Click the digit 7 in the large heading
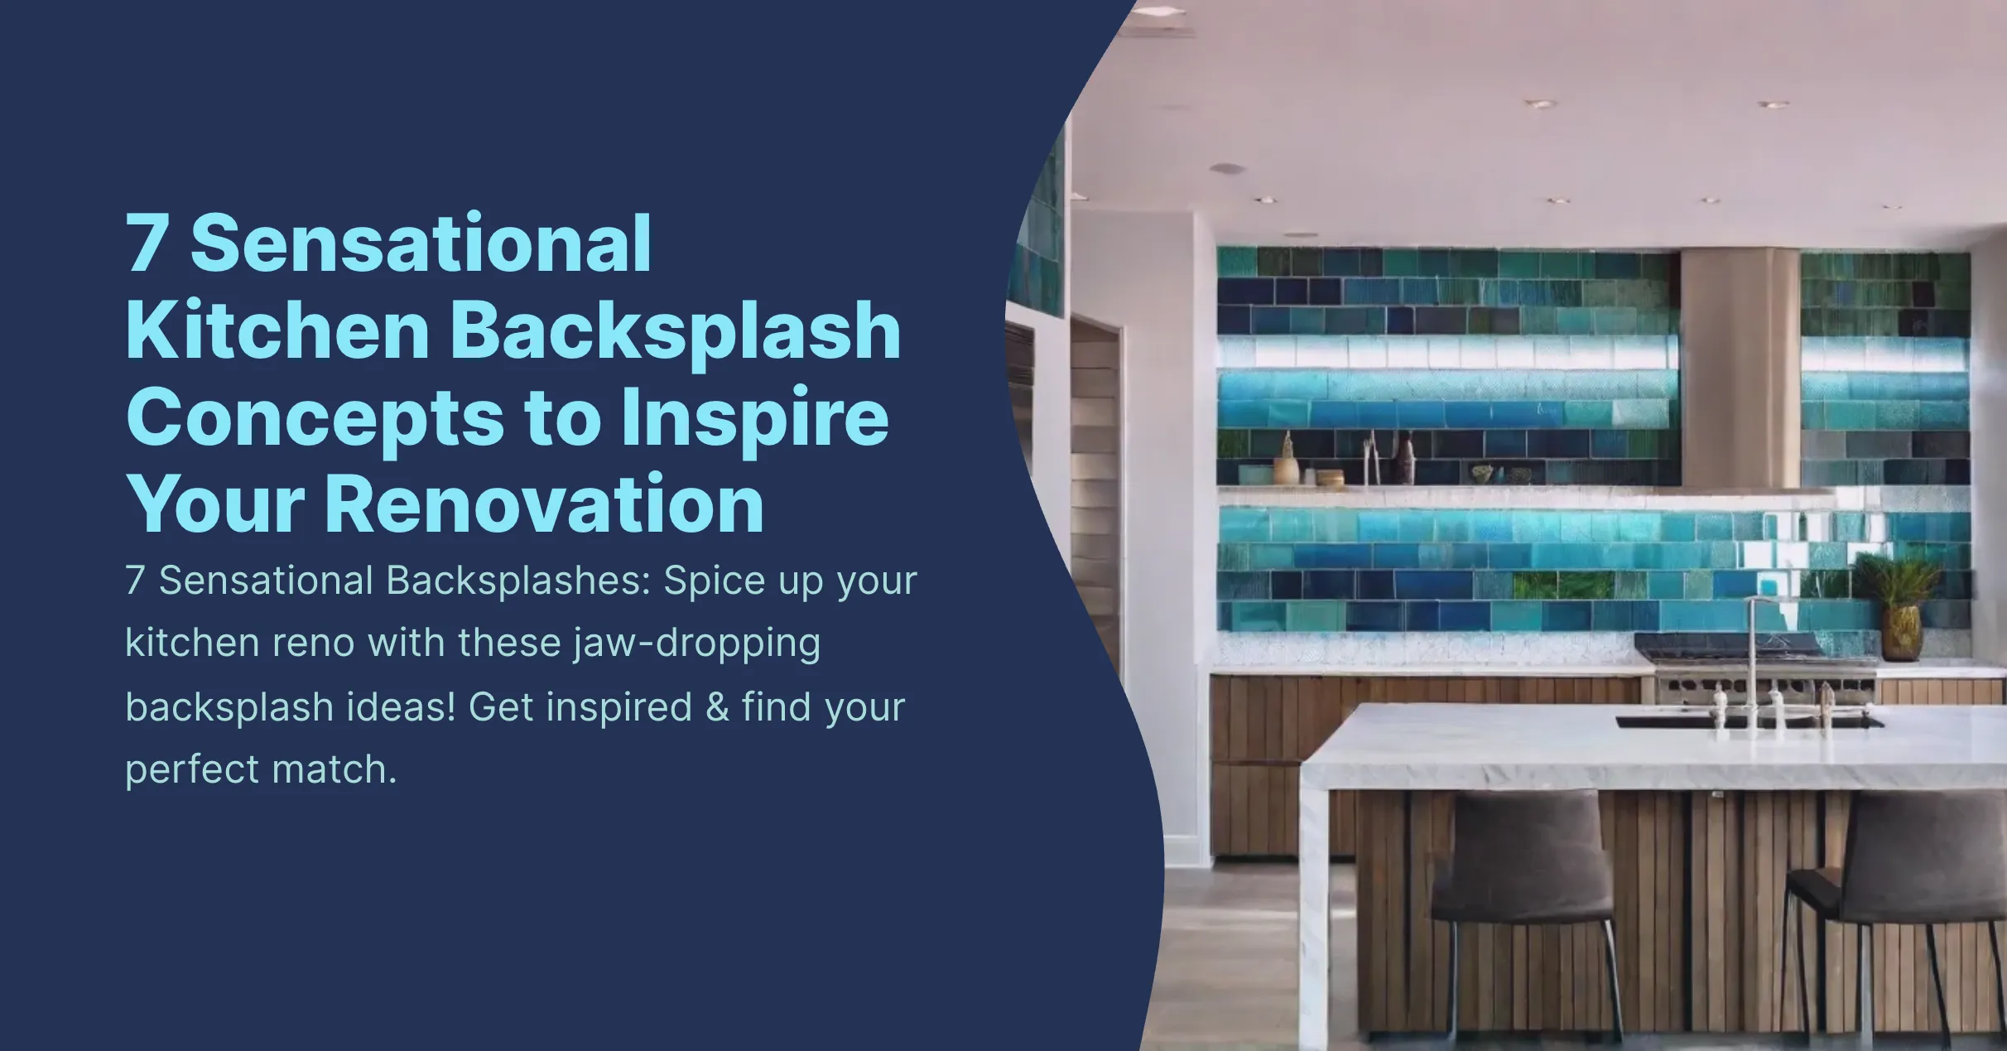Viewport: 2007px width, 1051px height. [146, 243]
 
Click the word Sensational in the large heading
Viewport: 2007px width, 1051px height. [421, 243]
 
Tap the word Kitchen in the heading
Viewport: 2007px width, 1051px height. [277, 330]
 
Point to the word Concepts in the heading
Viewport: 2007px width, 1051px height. [315, 419]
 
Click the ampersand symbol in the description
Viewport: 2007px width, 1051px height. [716, 707]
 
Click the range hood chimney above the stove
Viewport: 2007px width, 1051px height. [1740, 364]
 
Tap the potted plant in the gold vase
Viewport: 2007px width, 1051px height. [1899, 605]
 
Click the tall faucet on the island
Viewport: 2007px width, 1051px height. [1753, 663]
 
